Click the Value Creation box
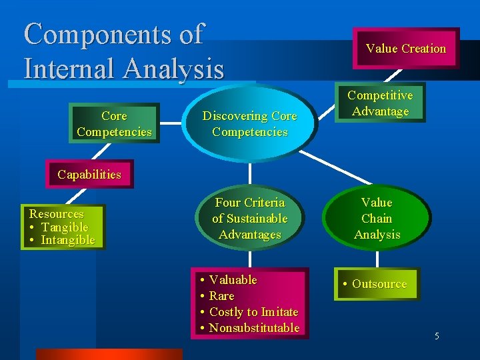click(405, 48)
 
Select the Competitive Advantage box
click(380, 103)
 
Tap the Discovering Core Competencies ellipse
click(249, 124)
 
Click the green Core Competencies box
click(114, 124)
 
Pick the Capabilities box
click(89, 175)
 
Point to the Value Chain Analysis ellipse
click(377, 218)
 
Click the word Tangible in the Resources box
click(65, 227)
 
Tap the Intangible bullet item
click(67, 240)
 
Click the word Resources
click(57, 214)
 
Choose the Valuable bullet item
click(233, 280)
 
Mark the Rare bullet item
click(221, 296)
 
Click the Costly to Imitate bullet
click(253, 312)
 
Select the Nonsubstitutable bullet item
click(254, 328)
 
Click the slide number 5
click(437, 336)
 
